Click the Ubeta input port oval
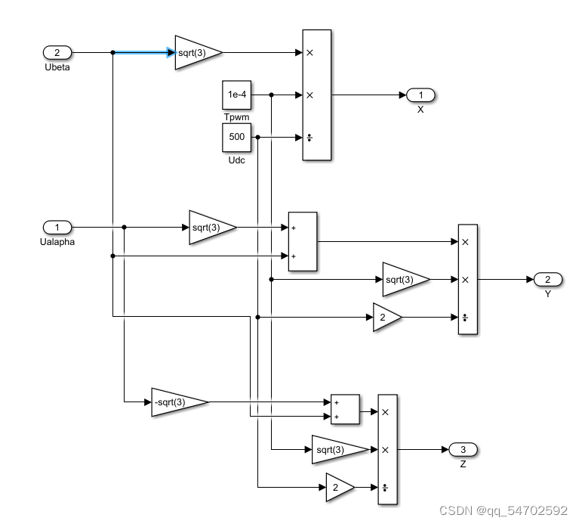point(57,52)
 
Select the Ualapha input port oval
point(57,227)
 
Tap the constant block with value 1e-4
point(236,95)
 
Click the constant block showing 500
point(236,138)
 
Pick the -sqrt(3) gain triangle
point(176,402)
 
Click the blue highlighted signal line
point(143,52)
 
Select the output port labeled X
point(420,95)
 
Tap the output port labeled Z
point(463,450)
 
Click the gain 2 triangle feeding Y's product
point(386,318)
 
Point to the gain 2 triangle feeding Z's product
point(338,488)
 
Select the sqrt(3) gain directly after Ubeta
point(197,52)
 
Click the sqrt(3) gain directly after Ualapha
point(211,227)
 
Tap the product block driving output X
point(317,95)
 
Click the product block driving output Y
point(468,280)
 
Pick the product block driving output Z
point(387,450)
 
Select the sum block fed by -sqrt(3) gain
point(345,409)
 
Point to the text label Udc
point(236,160)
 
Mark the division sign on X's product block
point(310,138)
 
